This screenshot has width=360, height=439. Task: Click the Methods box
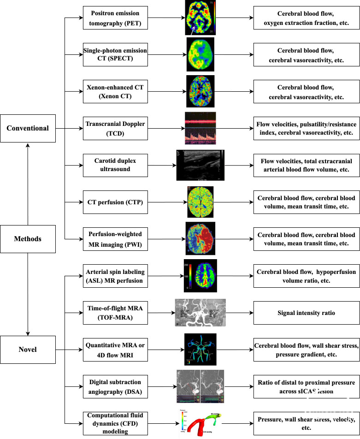click(28, 239)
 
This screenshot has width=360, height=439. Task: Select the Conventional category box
click(28, 128)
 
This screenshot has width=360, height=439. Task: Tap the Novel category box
click(28, 350)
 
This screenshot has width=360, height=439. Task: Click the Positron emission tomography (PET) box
click(115, 18)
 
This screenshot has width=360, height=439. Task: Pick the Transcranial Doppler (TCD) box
click(115, 128)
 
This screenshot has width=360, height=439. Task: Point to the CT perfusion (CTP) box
click(115, 202)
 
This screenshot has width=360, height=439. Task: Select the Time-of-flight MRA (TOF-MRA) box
click(115, 313)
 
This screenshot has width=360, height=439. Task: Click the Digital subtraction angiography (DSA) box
click(115, 386)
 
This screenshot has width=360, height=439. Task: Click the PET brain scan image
click(201, 18)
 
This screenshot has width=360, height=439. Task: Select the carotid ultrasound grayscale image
click(200, 165)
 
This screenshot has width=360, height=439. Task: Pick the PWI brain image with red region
click(201, 238)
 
